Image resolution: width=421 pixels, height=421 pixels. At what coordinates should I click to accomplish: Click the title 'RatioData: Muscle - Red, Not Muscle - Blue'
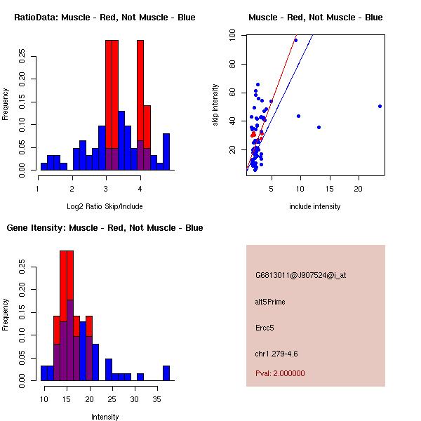(105, 17)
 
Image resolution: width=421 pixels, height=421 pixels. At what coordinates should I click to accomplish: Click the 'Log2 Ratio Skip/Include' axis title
(105, 206)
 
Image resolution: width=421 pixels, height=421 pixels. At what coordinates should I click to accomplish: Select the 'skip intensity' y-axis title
(216, 105)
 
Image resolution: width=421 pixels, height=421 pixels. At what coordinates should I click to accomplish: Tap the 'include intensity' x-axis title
(315, 206)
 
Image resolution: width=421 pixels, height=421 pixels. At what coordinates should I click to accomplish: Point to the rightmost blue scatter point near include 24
(380, 106)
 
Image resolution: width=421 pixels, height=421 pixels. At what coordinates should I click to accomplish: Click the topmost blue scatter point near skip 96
(295, 40)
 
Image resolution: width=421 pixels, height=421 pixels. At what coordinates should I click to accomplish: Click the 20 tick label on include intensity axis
(358, 189)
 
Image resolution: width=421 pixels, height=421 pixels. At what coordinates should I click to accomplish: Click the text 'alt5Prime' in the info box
(270, 302)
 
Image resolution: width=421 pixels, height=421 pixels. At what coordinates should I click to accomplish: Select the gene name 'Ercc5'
(265, 327)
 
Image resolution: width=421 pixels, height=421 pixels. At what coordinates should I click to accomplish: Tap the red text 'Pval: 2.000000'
(280, 373)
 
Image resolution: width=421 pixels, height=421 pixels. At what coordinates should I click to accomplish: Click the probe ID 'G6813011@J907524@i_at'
(300, 275)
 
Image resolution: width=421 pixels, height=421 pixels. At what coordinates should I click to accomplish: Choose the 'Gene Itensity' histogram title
(105, 227)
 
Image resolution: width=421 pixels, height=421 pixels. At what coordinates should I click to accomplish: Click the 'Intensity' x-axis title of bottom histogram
(105, 417)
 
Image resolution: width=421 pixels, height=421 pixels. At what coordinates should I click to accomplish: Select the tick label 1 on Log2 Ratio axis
(38, 189)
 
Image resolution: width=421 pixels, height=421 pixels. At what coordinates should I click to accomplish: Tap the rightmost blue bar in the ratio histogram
(166, 152)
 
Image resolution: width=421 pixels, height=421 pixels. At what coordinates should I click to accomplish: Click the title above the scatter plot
(315, 17)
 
